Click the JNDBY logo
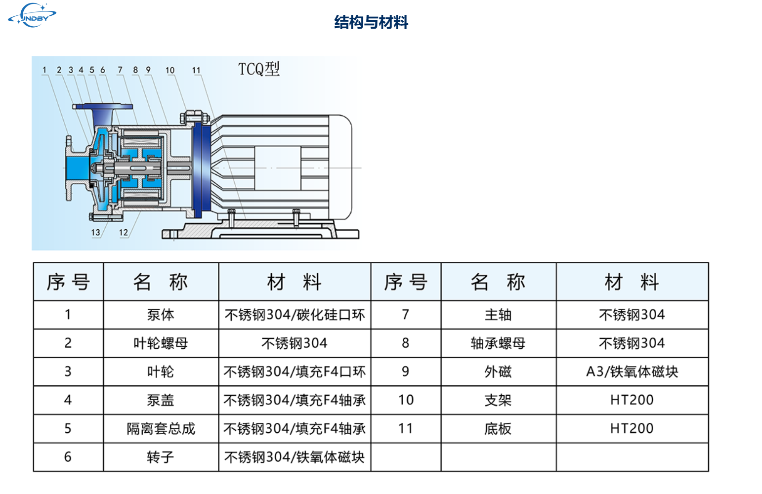pyautogui.click(x=33, y=15)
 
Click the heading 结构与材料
pyautogui.click(x=371, y=22)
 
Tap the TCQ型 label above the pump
pyautogui.click(x=259, y=69)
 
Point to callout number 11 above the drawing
pyautogui.click(x=196, y=70)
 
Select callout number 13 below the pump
pyautogui.click(x=95, y=232)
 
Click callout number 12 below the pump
pyautogui.click(x=123, y=232)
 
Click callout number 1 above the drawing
pyautogui.click(x=44, y=70)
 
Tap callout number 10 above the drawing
pyautogui.click(x=170, y=70)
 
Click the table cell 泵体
pyautogui.click(x=161, y=315)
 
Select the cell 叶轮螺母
pyautogui.click(x=161, y=343)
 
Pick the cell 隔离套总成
pyautogui.click(x=161, y=429)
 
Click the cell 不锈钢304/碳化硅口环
pyautogui.click(x=295, y=315)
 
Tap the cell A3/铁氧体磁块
pyautogui.click(x=632, y=371)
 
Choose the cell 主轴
pyautogui.click(x=498, y=315)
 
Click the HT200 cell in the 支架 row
pyautogui.click(x=632, y=400)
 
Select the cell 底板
pyautogui.click(x=498, y=429)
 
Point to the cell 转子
pyautogui.click(x=161, y=457)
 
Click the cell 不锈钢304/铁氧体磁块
pyautogui.click(x=295, y=457)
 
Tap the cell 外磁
pyautogui.click(x=498, y=371)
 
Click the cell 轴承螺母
pyautogui.click(x=498, y=343)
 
